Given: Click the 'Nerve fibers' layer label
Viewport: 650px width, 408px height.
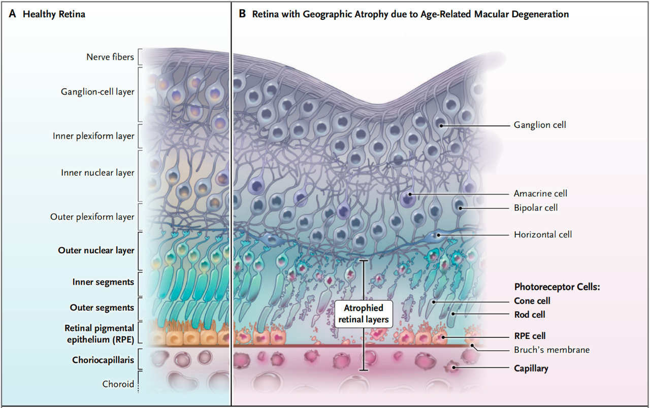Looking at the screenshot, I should [110, 57].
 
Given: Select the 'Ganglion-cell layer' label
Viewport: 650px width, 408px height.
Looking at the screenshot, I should [97, 92].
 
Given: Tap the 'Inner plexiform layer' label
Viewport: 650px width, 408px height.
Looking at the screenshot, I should [93, 136].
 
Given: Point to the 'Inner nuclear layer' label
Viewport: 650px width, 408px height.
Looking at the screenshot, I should [97, 173].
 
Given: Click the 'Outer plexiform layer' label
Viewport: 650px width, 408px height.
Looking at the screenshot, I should [92, 217].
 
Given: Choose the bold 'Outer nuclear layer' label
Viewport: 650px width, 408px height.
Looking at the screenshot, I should [96, 250].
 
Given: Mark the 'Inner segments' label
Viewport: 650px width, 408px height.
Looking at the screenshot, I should [103, 282].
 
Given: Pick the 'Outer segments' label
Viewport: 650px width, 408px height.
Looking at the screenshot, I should [102, 308].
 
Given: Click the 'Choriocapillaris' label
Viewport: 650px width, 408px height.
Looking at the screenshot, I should [103, 360].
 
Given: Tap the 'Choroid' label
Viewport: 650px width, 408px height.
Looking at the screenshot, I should [118, 384].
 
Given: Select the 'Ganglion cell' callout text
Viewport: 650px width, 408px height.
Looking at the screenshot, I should [540, 125].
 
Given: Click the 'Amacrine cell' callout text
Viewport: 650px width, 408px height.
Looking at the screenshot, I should [540, 193].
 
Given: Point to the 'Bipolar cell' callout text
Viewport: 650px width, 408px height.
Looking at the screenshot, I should [536, 208].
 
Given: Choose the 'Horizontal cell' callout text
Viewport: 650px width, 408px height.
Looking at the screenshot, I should [543, 234].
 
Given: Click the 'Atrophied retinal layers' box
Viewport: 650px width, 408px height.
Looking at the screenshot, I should [364, 314].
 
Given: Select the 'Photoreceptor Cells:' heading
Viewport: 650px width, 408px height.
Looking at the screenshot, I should [557, 287].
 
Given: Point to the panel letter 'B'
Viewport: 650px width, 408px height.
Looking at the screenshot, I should [242, 14].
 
